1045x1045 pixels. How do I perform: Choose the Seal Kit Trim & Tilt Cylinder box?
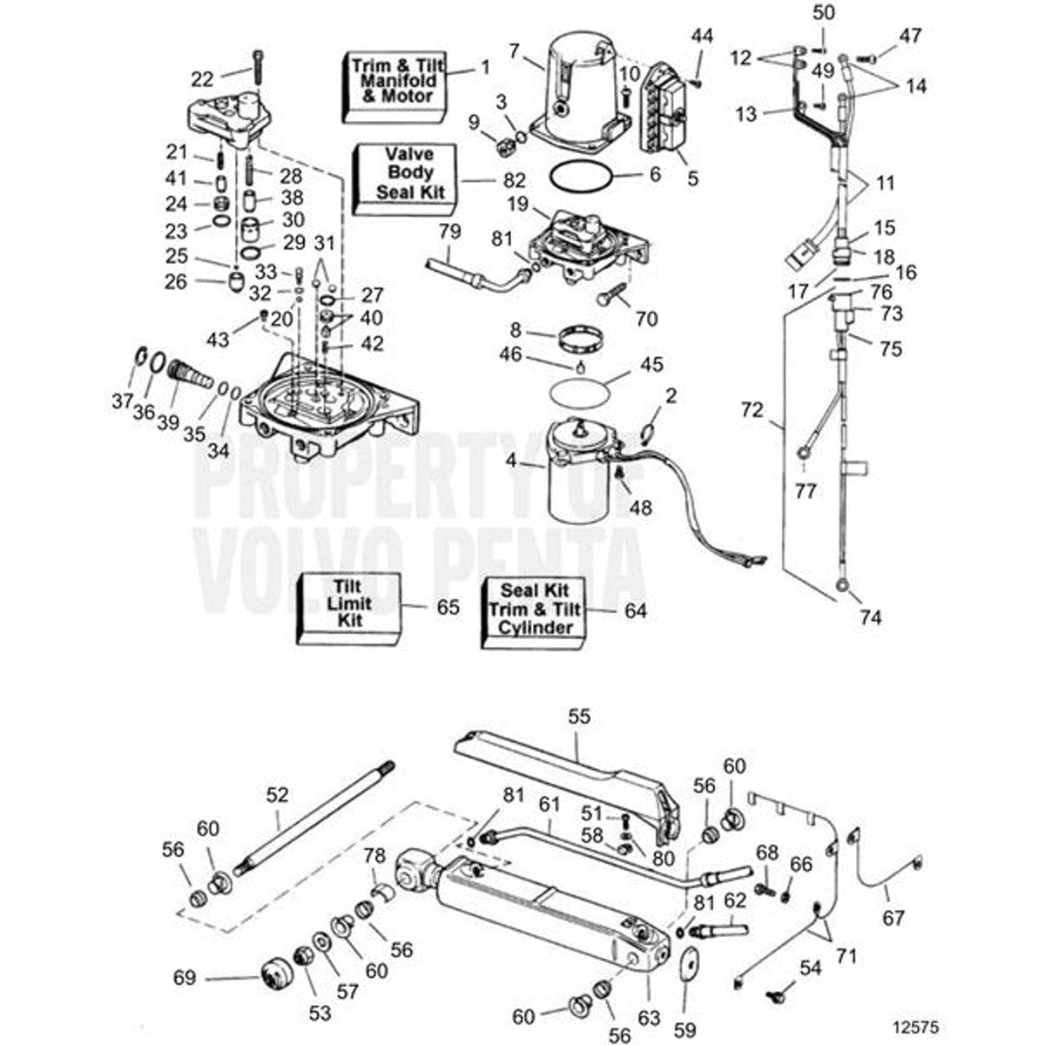pyautogui.click(x=533, y=610)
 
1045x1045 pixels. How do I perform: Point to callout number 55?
pyautogui.click(x=579, y=717)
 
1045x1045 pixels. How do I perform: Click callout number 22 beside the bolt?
pyautogui.click(x=202, y=78)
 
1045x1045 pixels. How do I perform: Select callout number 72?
pyautogui.click(x=752, y=408)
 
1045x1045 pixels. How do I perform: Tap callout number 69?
pyautogui.click(x=185, y=978)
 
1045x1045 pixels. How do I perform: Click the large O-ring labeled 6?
pyautogui.click(x=581, y=179)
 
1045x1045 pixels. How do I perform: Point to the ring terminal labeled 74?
pyautogui.click(x=842, y=586)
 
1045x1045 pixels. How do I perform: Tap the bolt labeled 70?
pyautogui.click(x=610, y=297)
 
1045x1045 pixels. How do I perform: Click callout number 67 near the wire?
pyautogui.click(x=893, y=917)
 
